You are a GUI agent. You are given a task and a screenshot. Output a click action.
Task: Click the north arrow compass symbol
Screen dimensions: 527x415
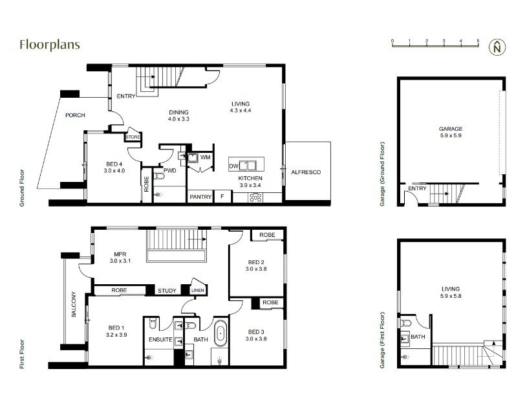point(497,47)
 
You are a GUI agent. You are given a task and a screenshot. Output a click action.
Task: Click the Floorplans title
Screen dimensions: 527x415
point(50,45)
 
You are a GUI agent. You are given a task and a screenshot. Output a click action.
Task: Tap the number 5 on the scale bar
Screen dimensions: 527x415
point(478,41)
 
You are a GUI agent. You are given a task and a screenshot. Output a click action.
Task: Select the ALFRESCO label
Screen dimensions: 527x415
point(306,172)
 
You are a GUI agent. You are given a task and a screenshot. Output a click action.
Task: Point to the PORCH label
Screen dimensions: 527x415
point(75,115)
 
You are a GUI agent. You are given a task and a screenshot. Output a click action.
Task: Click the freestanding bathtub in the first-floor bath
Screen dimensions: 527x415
point(220,333)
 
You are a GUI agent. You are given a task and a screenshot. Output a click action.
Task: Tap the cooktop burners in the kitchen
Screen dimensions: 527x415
point(255,197)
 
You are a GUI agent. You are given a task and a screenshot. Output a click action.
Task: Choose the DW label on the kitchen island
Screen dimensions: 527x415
point(233,166)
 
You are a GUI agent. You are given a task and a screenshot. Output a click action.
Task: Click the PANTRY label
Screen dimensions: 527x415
point(200,197)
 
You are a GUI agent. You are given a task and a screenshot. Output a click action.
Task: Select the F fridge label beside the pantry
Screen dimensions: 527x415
point(222,196)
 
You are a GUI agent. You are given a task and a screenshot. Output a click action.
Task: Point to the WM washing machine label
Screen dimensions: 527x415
point(206,157)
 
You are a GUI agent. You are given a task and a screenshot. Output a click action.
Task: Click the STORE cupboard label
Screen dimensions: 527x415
point(133,137)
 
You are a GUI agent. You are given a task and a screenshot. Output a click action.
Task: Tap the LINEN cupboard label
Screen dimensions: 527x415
point(198,290)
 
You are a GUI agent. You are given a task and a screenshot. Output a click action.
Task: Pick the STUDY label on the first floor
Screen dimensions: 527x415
point(167,291)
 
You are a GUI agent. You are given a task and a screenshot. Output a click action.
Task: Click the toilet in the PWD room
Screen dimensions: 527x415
point(158,176)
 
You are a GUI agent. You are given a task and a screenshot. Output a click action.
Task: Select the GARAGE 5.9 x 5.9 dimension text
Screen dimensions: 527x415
point(451,136)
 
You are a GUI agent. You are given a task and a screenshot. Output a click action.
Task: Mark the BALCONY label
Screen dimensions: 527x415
point(74,304)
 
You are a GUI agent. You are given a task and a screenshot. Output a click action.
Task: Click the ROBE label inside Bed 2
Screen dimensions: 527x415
point(267,235)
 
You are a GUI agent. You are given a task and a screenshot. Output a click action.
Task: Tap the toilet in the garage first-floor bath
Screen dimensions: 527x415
point(405,324)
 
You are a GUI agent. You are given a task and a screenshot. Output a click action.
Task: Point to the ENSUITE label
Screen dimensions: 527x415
point(160,340)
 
